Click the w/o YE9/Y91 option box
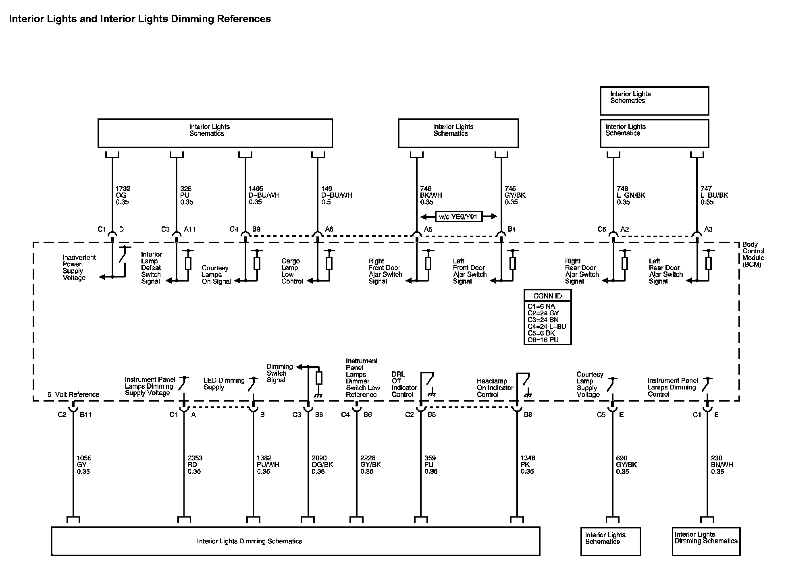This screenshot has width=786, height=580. pyautogui.click(x=458, y=217)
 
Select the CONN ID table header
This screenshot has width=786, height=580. pyautogui.click(x=547, y=296)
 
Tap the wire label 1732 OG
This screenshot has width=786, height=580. pyautogui.click(x=123, y=195)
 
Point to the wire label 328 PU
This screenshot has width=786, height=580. pyautogui.click(x=187, y=195)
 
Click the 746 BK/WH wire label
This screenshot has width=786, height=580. pyautogui.click(x=431, y=195)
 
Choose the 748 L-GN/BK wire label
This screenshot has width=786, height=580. pyautogui.click(x=631, y=195)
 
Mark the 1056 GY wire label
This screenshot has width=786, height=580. pyautogui.click(x=83, y=464)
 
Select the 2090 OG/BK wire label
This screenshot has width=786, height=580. pyautogui.click(x=322, y=464)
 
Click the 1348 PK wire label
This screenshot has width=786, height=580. pyautogui.click(x=527, y=464)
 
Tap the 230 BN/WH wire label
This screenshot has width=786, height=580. pyautogui.click(x=722, y=464)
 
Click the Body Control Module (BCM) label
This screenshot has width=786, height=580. pyautogui.click(x=753, y=254)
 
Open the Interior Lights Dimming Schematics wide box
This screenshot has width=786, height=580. pyautogui.click(x=295, y=541)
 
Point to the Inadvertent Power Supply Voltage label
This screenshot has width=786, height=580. pyautogui.click(x=79, y=267)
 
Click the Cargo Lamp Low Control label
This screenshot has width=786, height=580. pyautogui.click(x=292, y=271)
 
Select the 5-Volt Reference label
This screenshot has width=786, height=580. pyautogui.click(x=73, y=394)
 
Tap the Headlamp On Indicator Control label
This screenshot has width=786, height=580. pyautogui.click(x=495, y=387)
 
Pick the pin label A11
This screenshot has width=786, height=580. pyautogui.click(x=190, y=229)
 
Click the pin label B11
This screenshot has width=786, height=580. pyautogui.click(x=85, y=414)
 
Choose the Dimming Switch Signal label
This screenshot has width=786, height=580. pyautogui.click(x=279, y=373)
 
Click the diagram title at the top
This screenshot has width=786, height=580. pyautogui.click(x=140, y=19)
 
